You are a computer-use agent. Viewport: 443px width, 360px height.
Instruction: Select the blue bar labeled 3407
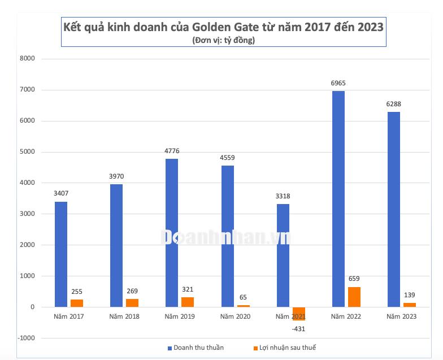pos(61,254)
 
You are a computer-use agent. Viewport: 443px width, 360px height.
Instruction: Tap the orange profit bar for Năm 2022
pos(354,297)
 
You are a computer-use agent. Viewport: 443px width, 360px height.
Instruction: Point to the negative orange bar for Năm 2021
pos(299,313)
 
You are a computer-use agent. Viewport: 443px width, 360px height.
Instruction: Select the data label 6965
pos(338,83)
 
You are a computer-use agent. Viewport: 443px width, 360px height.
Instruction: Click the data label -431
pos(298,329)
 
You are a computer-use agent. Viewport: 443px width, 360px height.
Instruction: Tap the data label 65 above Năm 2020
pos(243,297)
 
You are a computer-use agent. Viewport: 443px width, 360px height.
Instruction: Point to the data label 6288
pos(393,104)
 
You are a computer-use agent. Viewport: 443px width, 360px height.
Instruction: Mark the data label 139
pos(410,295)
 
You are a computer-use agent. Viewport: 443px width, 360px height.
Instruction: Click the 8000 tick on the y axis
pos(27,59)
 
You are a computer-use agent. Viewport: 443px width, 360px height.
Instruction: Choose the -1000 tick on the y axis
pos(25,339)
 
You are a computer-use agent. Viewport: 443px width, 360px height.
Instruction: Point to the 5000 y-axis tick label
pos(27,152)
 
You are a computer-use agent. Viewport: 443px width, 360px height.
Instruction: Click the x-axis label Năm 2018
pos(124,316)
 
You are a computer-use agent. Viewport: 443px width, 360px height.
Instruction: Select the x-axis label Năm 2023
pos(401,316)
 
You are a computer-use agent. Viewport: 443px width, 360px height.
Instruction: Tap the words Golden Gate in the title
pos(223,27)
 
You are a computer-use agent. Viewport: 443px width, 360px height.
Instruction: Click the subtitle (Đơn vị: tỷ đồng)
pos(223,40)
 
